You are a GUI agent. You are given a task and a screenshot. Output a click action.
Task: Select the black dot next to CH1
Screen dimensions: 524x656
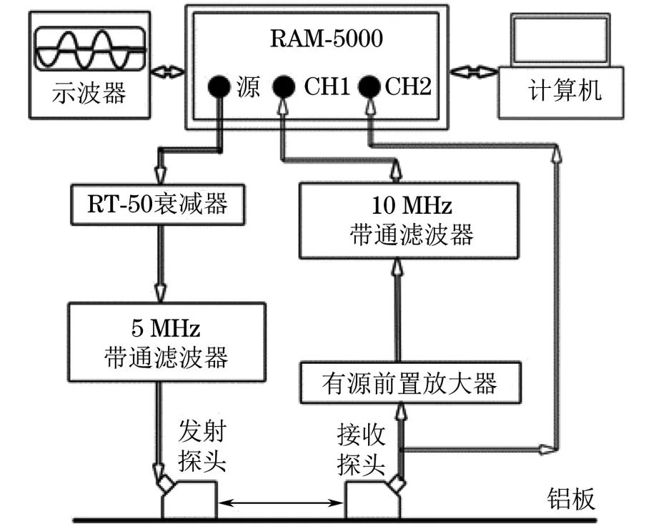pyautogui.click(x=284, y=88)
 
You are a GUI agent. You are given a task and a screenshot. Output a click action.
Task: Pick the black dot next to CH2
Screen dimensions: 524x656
pyautogui.click(x=370, y=88)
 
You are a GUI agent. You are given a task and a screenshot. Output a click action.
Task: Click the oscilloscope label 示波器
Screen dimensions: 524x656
pyautogui.click(x=89, y=94)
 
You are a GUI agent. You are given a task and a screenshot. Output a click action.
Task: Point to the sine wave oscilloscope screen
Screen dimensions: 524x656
pyautogui.click(x=90, y=47)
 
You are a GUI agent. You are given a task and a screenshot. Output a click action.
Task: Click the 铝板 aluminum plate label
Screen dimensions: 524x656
pyautogui.click(x=571, y=498)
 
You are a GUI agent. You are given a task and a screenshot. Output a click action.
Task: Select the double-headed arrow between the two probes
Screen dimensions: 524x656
pyautogui.click(x=281, y=505)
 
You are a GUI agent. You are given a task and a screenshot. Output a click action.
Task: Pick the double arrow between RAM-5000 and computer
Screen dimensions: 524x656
pyautogui.click(x=476, y=71)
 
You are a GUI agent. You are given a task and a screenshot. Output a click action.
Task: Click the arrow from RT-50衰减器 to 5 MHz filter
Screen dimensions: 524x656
pyautogui.click(x=159, y=260)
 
